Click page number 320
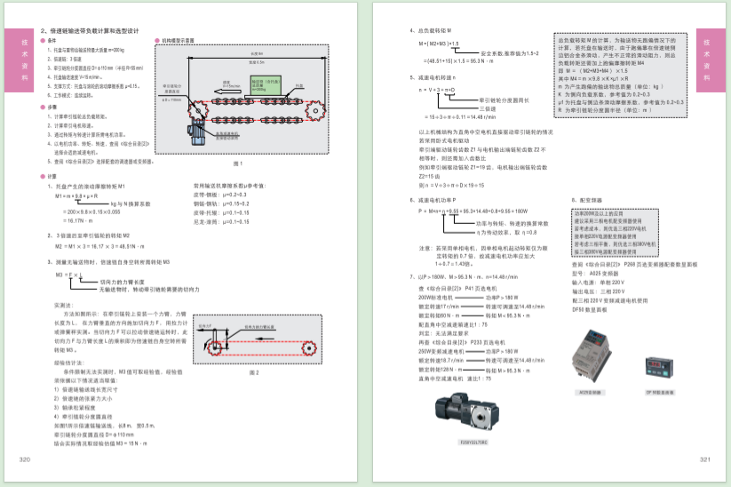24,459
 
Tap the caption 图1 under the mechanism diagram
236,164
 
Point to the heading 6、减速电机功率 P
437,200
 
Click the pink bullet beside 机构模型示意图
156,41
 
